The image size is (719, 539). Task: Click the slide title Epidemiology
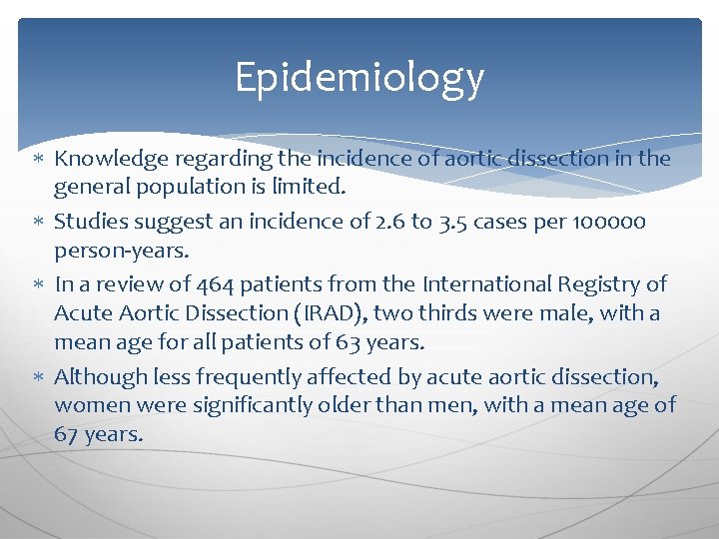pos(359,78)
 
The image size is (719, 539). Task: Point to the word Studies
pos(89,222)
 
